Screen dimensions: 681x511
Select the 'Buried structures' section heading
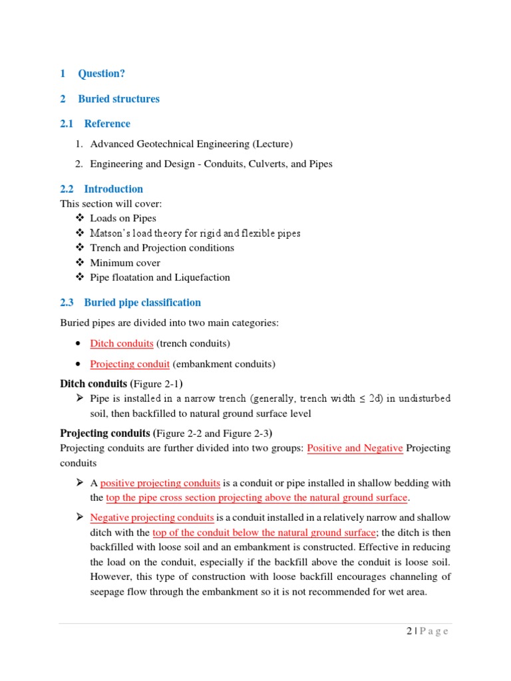[118, 99]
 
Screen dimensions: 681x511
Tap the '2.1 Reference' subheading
[106, 124]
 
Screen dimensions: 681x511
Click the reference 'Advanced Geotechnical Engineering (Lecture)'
[191, 144]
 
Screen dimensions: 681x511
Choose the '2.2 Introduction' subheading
[113, 189]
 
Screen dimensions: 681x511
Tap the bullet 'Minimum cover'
[125, 263]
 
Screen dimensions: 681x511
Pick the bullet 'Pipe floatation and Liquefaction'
[160, 277]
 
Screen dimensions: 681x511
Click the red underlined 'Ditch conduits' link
[122, 344]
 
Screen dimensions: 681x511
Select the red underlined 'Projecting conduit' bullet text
[130, 364]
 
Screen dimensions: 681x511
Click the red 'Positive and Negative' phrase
[355, 448]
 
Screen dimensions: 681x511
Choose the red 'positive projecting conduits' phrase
[160, 483]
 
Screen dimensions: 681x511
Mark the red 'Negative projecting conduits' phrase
[152, 517]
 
